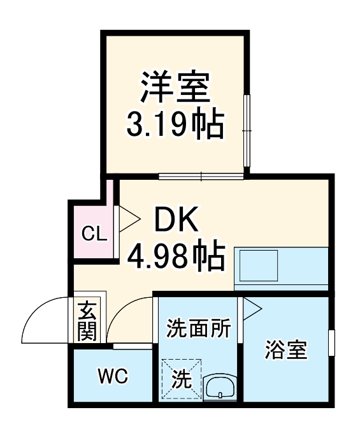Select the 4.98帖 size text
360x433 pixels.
click(176, 256)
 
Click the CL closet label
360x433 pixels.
click(94, 234)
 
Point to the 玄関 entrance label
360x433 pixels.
click(87, 320)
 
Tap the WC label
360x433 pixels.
click(112, 376)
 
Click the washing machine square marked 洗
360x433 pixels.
click(182, 379)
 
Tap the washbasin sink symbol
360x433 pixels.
click(220, 386)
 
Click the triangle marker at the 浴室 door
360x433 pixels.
click(251, 309)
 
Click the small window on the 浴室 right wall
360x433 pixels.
click(331, 343)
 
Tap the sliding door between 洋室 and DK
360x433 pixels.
click(201, 177)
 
